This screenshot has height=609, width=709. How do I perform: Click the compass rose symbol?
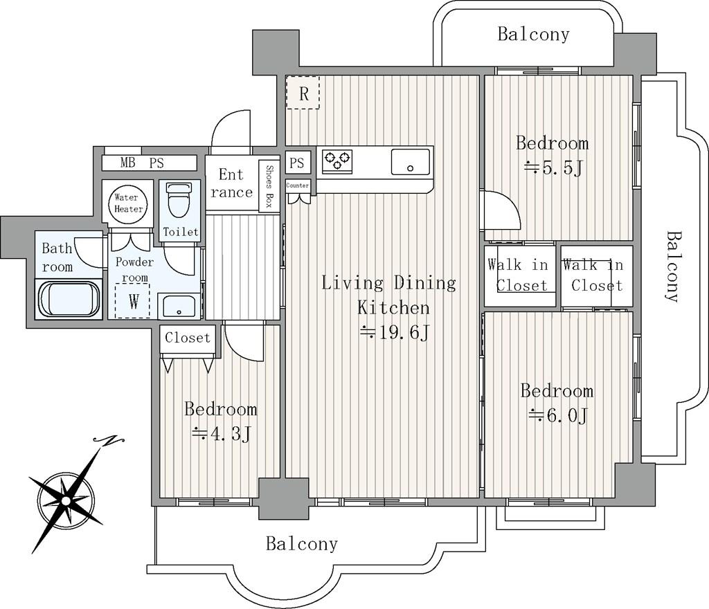pyautogui.click(x=66, y=500)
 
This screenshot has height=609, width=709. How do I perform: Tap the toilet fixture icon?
pyautogui.click(x=179, y=200)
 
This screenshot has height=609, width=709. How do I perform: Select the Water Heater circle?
pyautogui.click(x=128, y=203)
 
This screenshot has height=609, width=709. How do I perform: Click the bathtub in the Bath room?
pyautogui.click(x=69, y=299)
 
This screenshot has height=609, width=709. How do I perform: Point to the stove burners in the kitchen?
pyautogui.click(x=337, y=161)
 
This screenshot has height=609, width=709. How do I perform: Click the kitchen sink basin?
pyautogui.click(x=410, y=162)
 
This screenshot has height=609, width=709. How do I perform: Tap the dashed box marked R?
pyautogui.click(x=303, y=92)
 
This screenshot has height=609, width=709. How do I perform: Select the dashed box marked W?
pyautogui.click(x=132, y=301)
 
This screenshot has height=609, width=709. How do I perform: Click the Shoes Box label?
pyautogui.click(x=269, y=185)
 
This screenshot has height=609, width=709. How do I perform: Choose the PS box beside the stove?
pyautogui.click(x=298, y=162)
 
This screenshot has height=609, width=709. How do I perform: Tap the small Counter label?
pyautogui.click(x=298, y=185)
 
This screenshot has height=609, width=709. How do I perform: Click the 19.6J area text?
pyautogui.click(x=394, y=334)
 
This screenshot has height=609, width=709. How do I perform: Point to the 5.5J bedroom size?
pyautogui.click(x=553, y=168)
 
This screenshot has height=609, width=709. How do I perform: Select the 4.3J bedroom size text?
pyautogui.click(x=221, y=434)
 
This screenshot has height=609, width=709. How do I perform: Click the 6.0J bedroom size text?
pyautogui.click(x=558, y=415)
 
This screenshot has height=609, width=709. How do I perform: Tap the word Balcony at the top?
pyautogui.click(x=534, y=35)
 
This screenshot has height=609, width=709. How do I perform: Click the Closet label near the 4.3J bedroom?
pyautogui.click(x=188, y=338)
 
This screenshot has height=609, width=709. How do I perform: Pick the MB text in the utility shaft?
pyautogui.click(x=127, y=162)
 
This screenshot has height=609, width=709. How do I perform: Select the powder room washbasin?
pyautogui.click(x=179, y=306)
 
